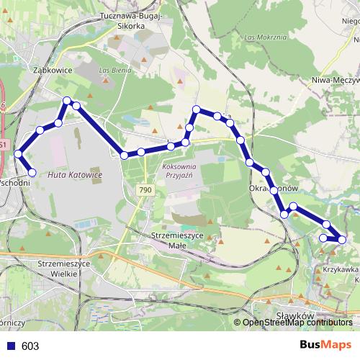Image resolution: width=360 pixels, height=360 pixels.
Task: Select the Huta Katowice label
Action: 75,175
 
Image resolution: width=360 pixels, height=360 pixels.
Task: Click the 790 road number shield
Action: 146,189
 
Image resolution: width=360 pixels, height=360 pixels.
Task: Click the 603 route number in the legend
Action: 30,346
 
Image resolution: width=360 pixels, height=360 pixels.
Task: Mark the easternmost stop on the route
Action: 342,240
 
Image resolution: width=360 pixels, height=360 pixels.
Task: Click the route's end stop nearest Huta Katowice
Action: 32,172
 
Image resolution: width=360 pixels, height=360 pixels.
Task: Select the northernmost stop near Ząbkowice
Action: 66,101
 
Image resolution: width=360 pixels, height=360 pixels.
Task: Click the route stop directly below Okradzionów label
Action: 274,190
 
